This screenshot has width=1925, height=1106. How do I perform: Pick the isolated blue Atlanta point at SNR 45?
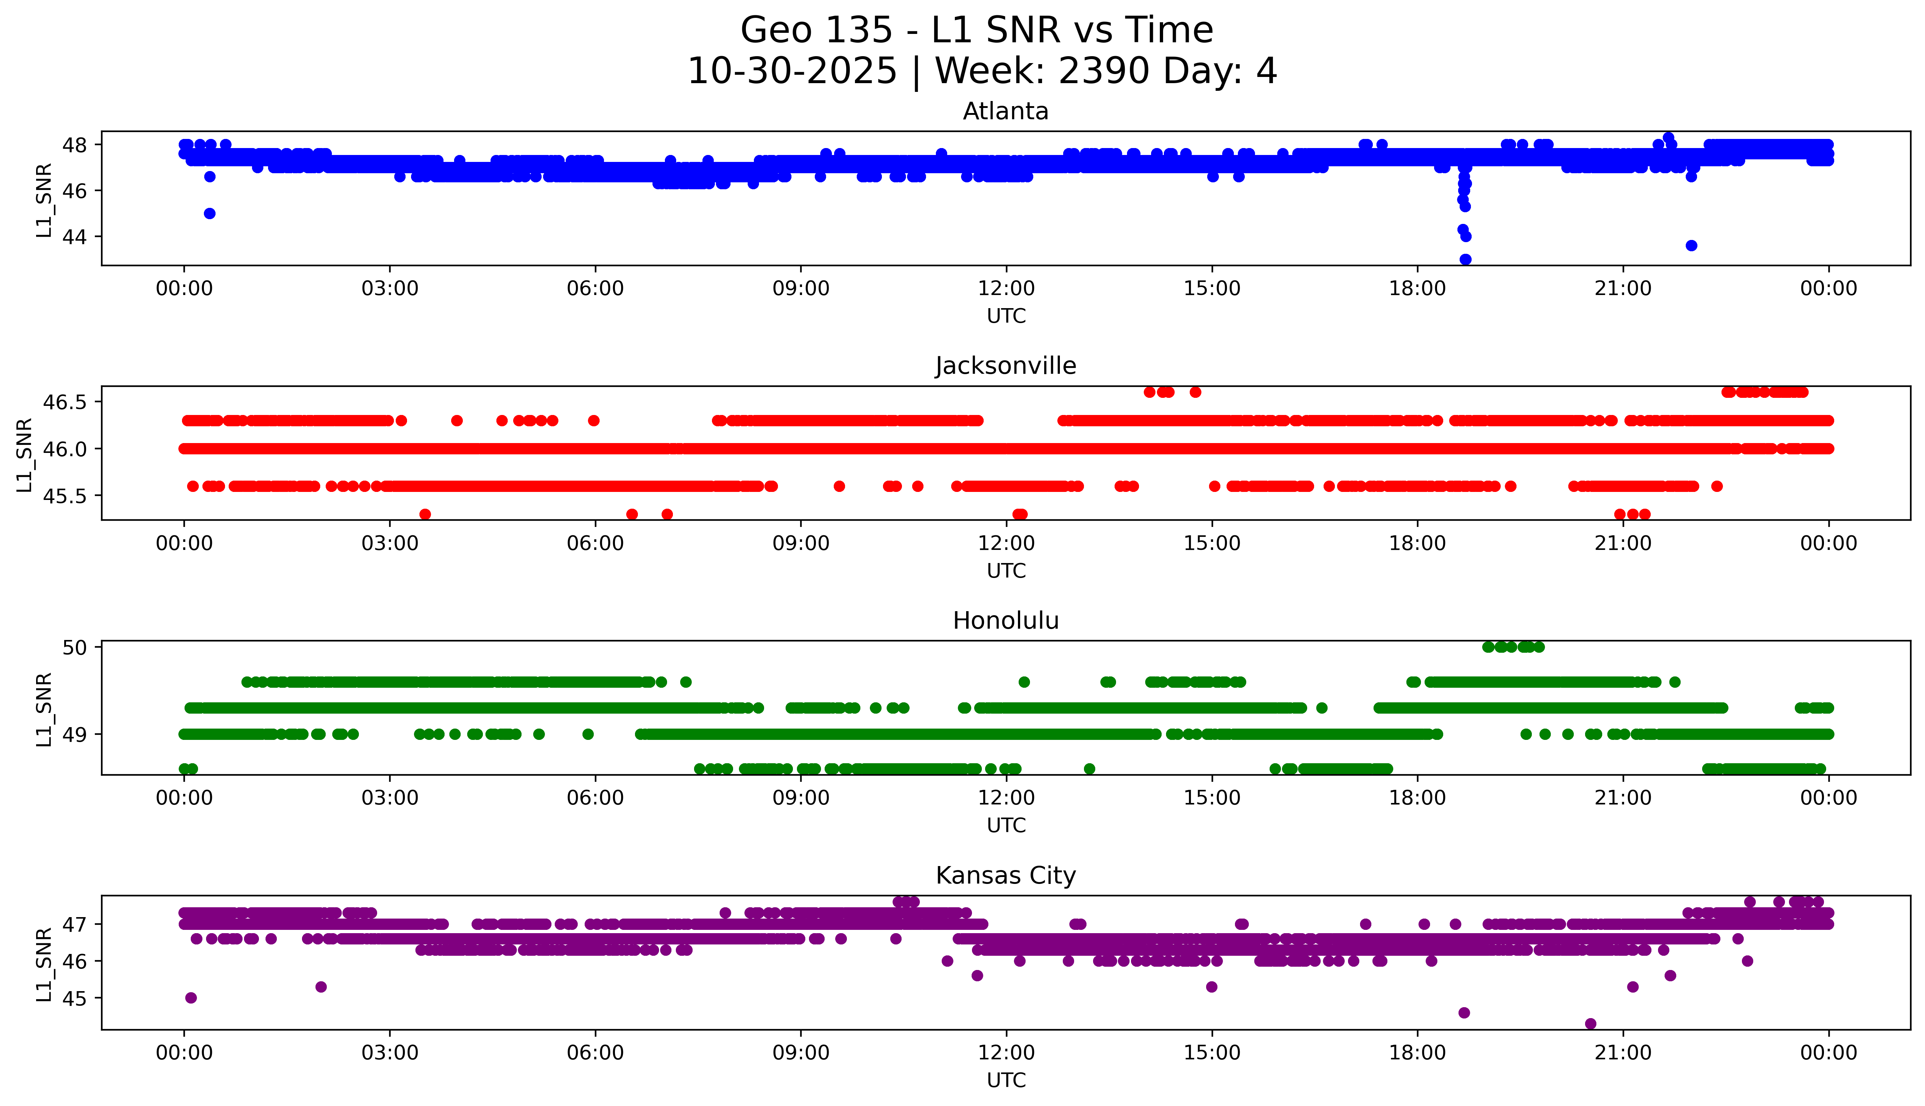click(x=210, y=213)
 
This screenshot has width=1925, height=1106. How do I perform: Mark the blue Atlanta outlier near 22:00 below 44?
click(x=1691, y=245)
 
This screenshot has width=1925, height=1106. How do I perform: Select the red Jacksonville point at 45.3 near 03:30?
click(x=425, y=514)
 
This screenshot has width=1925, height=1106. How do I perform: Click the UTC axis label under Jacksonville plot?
click(x=1006, y=570)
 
